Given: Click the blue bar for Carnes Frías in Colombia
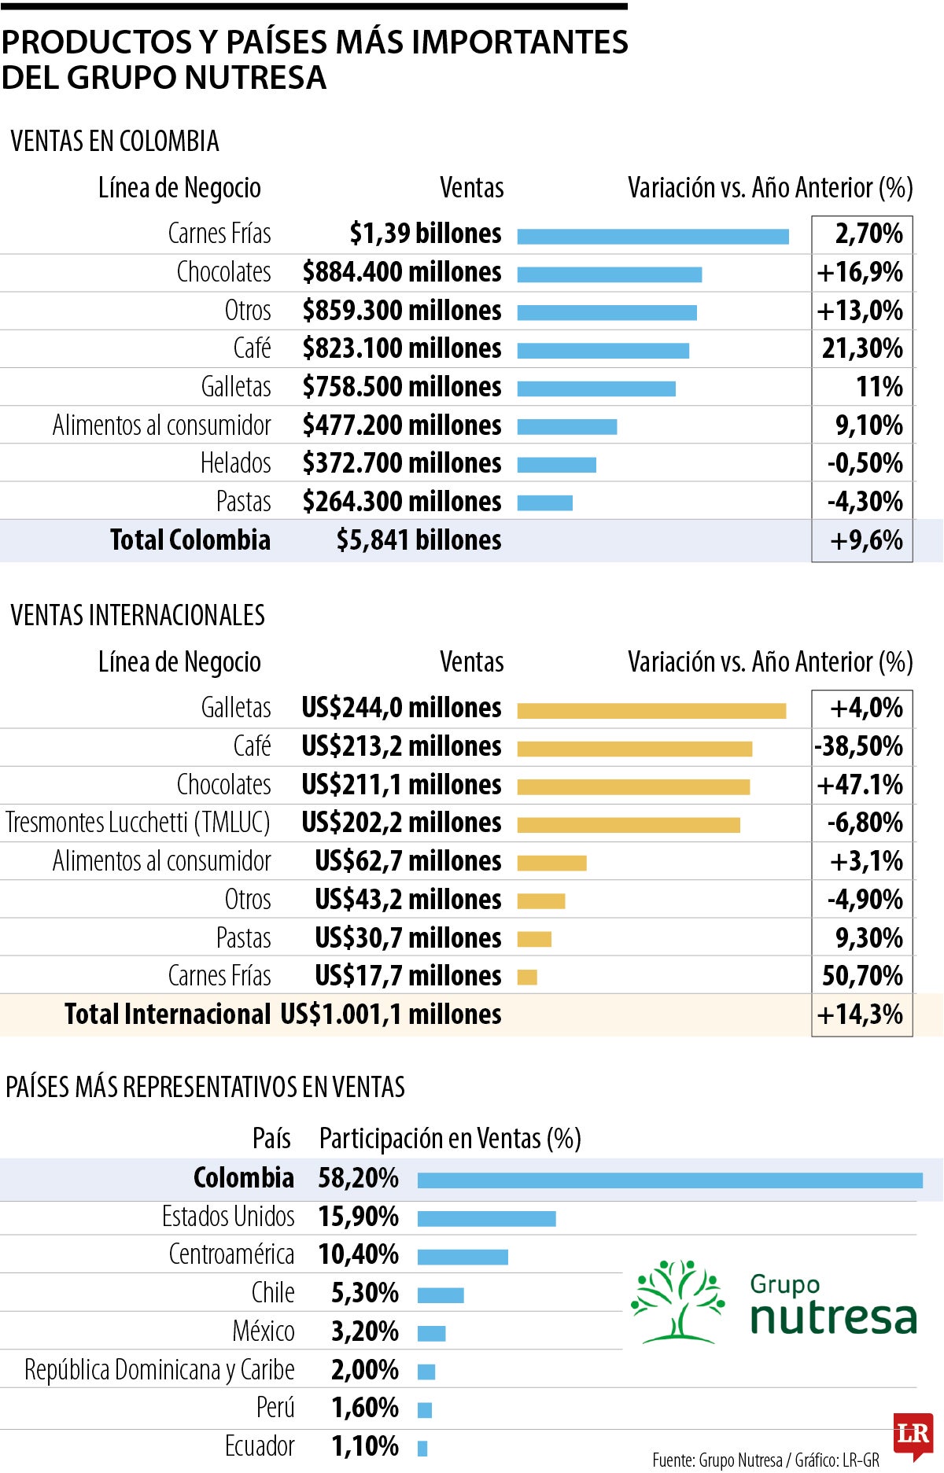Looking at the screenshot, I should pos(653,237).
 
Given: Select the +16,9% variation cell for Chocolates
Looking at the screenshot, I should pos(861,272).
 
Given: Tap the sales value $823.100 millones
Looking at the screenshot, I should pos(402,348).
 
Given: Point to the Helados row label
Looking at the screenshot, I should pos(235,463).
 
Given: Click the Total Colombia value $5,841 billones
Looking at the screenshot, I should pos(419,540).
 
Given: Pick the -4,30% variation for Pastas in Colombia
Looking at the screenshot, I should pos(865,502).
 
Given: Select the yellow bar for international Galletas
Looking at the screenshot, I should pos(651,711).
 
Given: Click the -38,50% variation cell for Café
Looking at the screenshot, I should pos(860,746).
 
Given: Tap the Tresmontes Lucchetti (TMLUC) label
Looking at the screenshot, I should pos(138,823).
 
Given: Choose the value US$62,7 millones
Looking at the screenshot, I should pos(407,861).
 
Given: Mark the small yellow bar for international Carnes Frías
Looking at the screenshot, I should pos(527,978).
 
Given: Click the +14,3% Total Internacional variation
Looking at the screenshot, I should pos(861,1015).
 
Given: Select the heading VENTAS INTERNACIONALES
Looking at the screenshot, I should pos(138,615).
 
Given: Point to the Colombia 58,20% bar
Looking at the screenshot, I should pos(669,1180).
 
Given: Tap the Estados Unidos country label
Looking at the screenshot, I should pos(228,1217).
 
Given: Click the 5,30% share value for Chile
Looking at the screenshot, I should pos(364,1293).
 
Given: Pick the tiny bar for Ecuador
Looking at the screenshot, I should pos(422,1448).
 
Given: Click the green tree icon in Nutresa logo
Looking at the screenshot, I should pos(677,1301).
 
